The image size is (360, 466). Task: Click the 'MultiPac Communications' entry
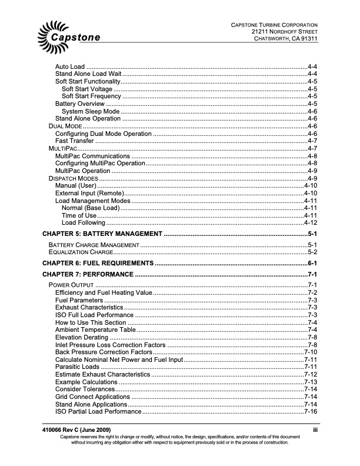(x=92, y=156)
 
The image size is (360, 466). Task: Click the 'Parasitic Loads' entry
(x=77, y=367)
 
